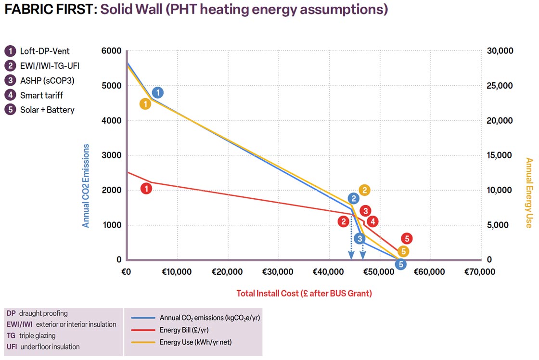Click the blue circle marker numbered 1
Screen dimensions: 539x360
pyautogui.click(x=158, y=92)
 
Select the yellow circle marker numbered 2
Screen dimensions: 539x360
pyautogui.click(x=364, y=190)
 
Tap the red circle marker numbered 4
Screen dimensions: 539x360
pyautogui.click(x=372, y=221)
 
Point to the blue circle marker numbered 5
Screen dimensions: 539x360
pyautogui.click(x=400, y=264)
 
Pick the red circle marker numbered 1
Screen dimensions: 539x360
pyautogui.click(x=146, y=189)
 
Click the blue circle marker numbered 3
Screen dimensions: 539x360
pyautogui.click(x=359, y=238)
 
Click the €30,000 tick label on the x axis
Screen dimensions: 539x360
pyautogui.click(x=278, y=272)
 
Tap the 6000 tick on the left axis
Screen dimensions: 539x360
pyautogui.click(x=112, y=51)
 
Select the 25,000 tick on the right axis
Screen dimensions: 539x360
pyautogui.click(x=500, y=86)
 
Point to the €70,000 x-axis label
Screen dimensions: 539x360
pyautogui.click(x=480, y=272)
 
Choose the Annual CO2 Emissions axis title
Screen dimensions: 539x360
pyautogui.click(x=86, y=186)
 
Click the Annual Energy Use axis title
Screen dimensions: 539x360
pyautogui.click(x=529, y=193)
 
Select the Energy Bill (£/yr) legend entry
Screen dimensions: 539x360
pyautogui.click(x=184, y=330)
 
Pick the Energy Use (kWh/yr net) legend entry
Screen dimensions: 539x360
pyautogui.click(x=195, y=342)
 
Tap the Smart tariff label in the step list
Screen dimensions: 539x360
pyautogui.click(x=41, y=95)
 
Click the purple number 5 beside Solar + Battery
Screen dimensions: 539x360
pyautogui.click(x=10, y=110)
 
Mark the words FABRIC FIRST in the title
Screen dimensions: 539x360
pyautogui.click(x=49, y=9)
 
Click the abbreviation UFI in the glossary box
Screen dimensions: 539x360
pyautogui.click(x=12, y=347)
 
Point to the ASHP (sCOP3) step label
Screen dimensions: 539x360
pyautogui.click(x=47, y=80)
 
